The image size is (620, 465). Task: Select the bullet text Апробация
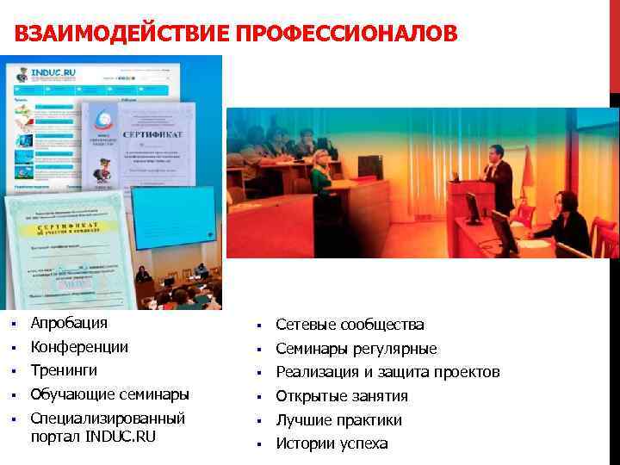click(69, 323)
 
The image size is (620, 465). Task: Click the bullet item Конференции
click(79, 347)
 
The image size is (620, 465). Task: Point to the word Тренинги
click(64, 370)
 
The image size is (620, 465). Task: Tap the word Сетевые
click(306, 325)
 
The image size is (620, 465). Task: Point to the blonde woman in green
click(320, 172)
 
